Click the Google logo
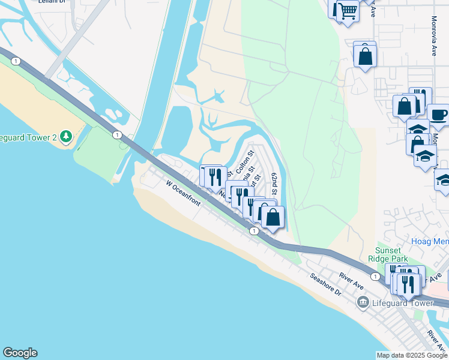point(20,353)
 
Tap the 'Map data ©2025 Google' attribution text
point(412,355)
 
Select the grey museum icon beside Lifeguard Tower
point(363,303)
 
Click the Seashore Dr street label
point(325,284)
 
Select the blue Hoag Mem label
point(430,241)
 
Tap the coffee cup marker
point(438,114)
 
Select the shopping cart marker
point(348,11)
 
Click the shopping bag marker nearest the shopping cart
point(365,56)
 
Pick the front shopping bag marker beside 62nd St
point(273,217)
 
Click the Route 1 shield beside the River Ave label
point(375,276)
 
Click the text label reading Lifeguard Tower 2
point(27,137)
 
